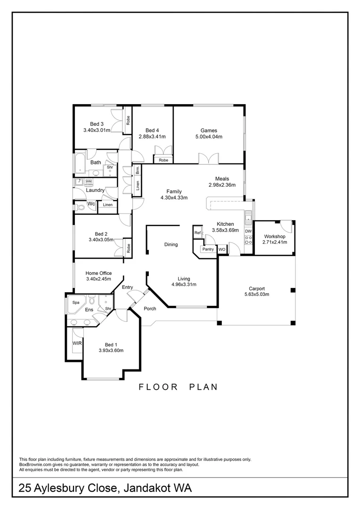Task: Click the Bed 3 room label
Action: (x=97, y=124)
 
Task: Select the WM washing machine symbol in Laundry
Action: (x=89, y=181)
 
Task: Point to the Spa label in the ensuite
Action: (x=75, y=303)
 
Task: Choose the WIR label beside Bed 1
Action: (x=77, y=344)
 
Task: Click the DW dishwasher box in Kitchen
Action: (x=248, y=231)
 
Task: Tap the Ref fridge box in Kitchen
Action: (x=197, y=233)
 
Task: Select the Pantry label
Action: (x=208, y=249)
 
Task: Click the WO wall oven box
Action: (x=221, y=249)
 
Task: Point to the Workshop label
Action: (x=274, y=237)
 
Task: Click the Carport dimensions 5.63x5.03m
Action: (x=257, y=295)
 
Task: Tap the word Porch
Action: (x=150, y=309)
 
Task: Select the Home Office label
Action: (x=98, y=273)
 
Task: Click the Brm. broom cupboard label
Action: (x=138, y=171)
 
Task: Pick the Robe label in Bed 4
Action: (x=164, y=160)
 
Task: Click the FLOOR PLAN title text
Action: (x=178, y=387)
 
